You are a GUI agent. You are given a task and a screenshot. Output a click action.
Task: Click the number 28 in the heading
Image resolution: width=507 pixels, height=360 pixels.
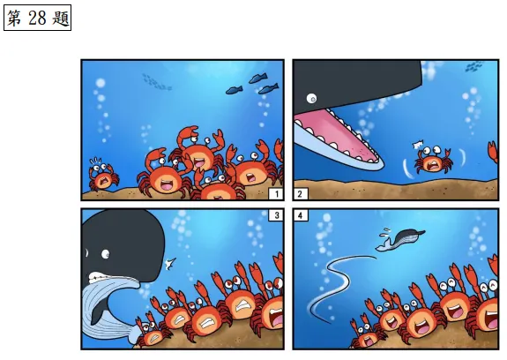[x=37, y=18]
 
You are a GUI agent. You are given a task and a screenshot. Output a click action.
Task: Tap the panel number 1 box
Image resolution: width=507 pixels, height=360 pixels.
[x=277, y=194]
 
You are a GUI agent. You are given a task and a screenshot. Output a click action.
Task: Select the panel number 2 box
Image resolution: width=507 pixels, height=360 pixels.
[x=301, y=194]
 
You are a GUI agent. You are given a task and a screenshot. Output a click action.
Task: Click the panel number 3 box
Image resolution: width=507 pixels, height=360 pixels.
[x=277, y=215]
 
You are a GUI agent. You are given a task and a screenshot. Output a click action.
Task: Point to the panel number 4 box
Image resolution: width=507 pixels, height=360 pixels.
[x=301, y=215]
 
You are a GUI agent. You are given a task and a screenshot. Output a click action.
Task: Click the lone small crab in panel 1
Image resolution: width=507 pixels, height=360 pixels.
[x=103, y=176]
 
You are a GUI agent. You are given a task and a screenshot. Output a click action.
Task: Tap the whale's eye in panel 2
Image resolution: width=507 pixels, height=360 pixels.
[x=312, y=98]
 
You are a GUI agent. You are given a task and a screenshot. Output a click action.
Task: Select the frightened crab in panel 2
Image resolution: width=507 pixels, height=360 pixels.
[x=433, y=160]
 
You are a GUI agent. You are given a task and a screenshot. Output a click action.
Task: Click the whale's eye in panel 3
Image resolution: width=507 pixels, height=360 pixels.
[x=106, y=254]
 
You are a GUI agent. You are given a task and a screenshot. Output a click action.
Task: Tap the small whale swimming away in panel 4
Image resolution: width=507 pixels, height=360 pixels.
[x=400, y=239]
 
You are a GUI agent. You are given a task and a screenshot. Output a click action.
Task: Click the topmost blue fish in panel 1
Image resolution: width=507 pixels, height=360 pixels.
[x=258, y=78]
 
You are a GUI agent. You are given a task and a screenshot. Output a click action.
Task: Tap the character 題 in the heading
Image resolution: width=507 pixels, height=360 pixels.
[x=61, y=19]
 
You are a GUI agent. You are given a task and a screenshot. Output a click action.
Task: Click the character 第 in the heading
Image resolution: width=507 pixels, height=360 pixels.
[x=15, y=19]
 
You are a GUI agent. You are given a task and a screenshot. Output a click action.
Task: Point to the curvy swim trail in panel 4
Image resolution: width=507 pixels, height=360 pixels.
[x=335, y=285]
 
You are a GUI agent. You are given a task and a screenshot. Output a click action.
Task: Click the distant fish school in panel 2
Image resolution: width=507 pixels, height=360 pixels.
[x=474, y=66]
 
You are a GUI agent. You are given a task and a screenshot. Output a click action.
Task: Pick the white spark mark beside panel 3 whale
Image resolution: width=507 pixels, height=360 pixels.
[x=170, y=264]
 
